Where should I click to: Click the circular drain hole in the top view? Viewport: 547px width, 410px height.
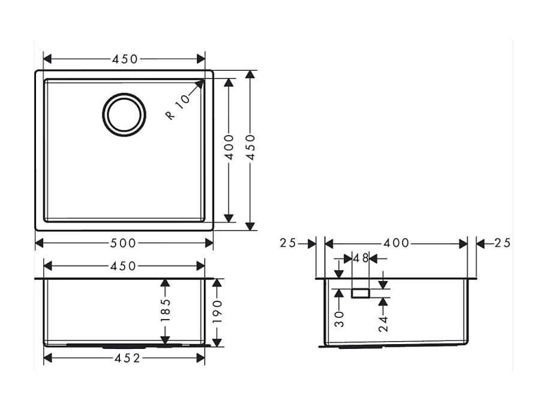tap(124, 114)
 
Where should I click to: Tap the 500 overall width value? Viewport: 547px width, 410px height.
tap(124, 243)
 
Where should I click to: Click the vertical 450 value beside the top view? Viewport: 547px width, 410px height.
tap(251, 147)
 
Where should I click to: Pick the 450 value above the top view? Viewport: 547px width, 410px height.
tap(124, 59)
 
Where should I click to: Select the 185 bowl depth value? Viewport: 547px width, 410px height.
tap(166, 310)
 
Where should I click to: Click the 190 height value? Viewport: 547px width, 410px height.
tap(217, 312)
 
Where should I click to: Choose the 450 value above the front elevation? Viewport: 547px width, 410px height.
tap(124, 266)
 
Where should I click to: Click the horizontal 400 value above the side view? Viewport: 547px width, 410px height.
tap(396, 243)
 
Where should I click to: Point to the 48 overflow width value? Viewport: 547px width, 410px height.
tap(360, 258)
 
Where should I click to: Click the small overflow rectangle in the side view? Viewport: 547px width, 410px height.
tap(360, 294)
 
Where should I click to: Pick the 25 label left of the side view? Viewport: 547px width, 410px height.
tap(288, 243)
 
